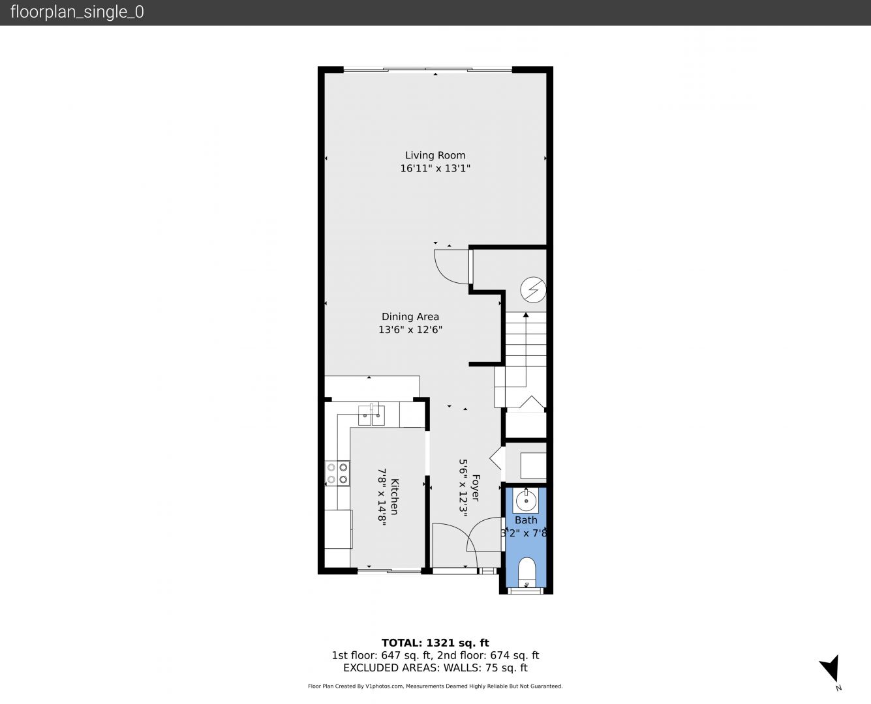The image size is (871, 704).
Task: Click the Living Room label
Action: click(x=435, y=155)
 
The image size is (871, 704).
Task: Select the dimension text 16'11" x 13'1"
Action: click(x=435, y=168)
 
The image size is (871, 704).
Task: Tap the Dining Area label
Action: click(x=410, y=317)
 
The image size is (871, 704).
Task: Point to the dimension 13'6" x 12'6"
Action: click(x=410, y=330)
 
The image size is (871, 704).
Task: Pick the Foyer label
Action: click(x=476, y=488)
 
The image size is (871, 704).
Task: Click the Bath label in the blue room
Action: click(x=526, y=520)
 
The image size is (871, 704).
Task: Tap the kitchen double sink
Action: click(x=371, y=415)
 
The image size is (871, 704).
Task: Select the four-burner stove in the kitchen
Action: click(x=337, y=473)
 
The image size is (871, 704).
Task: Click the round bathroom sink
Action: click(x=526, y=500)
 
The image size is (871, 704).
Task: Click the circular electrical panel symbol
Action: click(x=533, y=289)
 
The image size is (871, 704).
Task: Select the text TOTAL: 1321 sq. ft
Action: click(x=435, y=643)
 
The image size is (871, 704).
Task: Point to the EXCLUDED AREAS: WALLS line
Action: click(x=435, y=667)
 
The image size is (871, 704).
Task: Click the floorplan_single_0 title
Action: click(x=77, y=12)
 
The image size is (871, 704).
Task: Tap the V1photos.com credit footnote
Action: click(x=435, y=686)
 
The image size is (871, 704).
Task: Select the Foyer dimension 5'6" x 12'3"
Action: click(x=463, y=488)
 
